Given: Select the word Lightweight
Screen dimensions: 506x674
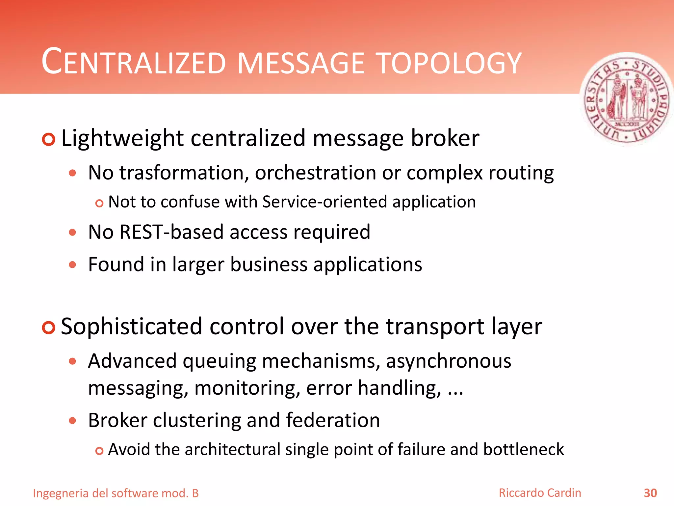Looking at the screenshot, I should [122, 138].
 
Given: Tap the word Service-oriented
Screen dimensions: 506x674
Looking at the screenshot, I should [324, 202].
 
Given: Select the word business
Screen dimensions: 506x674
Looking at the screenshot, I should [269, 265].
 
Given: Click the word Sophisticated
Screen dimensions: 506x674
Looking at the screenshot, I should [131, 326].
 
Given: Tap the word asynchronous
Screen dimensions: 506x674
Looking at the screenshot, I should [449, 361].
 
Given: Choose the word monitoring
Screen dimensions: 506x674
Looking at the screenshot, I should [247, 388].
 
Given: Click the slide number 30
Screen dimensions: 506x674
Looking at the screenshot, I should [650, 493].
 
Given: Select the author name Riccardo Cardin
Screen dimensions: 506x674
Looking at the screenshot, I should [540, 493].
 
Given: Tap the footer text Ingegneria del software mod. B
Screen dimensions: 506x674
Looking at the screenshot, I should [116, 493].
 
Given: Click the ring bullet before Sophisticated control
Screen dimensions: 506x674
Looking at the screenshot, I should [48, 327].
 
